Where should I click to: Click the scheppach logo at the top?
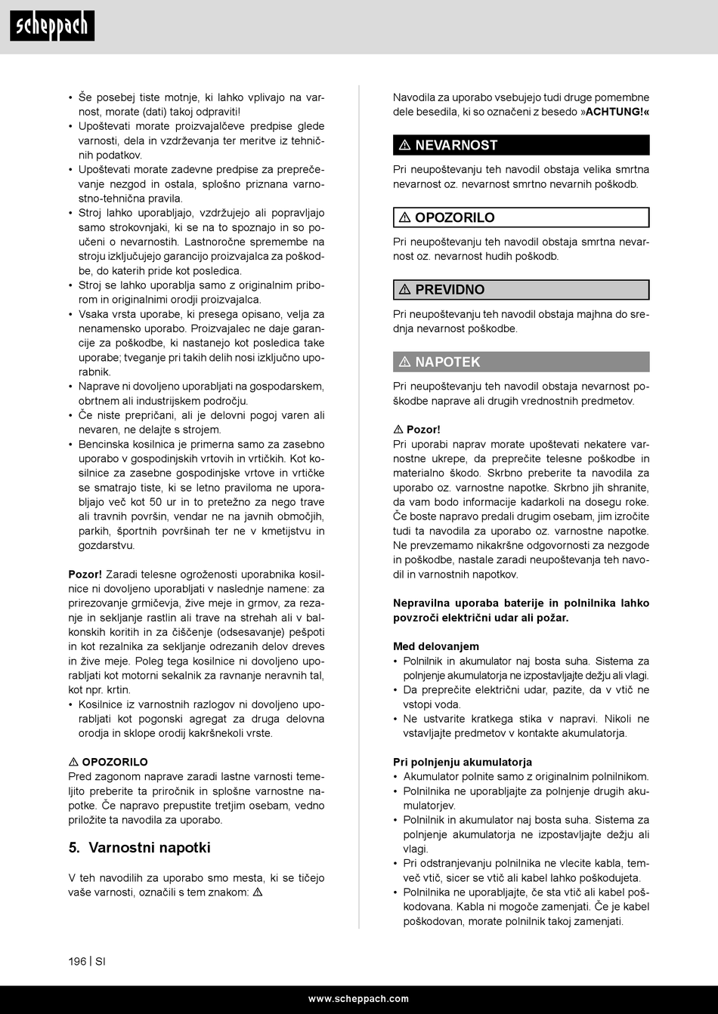tap(52, 26)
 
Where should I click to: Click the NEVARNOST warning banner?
tap(521, 145)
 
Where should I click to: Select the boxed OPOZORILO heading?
tap(521, 217)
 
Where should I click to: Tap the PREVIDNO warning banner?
tap(521, 290)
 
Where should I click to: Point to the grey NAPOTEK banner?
tap(521, 362)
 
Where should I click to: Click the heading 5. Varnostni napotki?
tap(140, 848)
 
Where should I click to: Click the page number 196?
tap(77, 962)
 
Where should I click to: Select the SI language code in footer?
tap(101, 962)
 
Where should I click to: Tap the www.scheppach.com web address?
tap(358, 999)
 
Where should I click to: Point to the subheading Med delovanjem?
tap(436, 646)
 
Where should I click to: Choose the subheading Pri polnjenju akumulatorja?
tap(463, 762)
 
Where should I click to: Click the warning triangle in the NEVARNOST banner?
tap(405, 145)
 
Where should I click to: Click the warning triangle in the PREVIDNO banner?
tap(405, 290)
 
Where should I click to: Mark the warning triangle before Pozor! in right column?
tap(398, 430)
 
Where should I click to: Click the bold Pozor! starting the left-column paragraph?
tap(85, 575)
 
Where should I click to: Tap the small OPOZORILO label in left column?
tap(115, 762)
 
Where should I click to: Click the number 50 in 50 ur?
tap(156, 502)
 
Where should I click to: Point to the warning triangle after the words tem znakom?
tap(258, 892)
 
